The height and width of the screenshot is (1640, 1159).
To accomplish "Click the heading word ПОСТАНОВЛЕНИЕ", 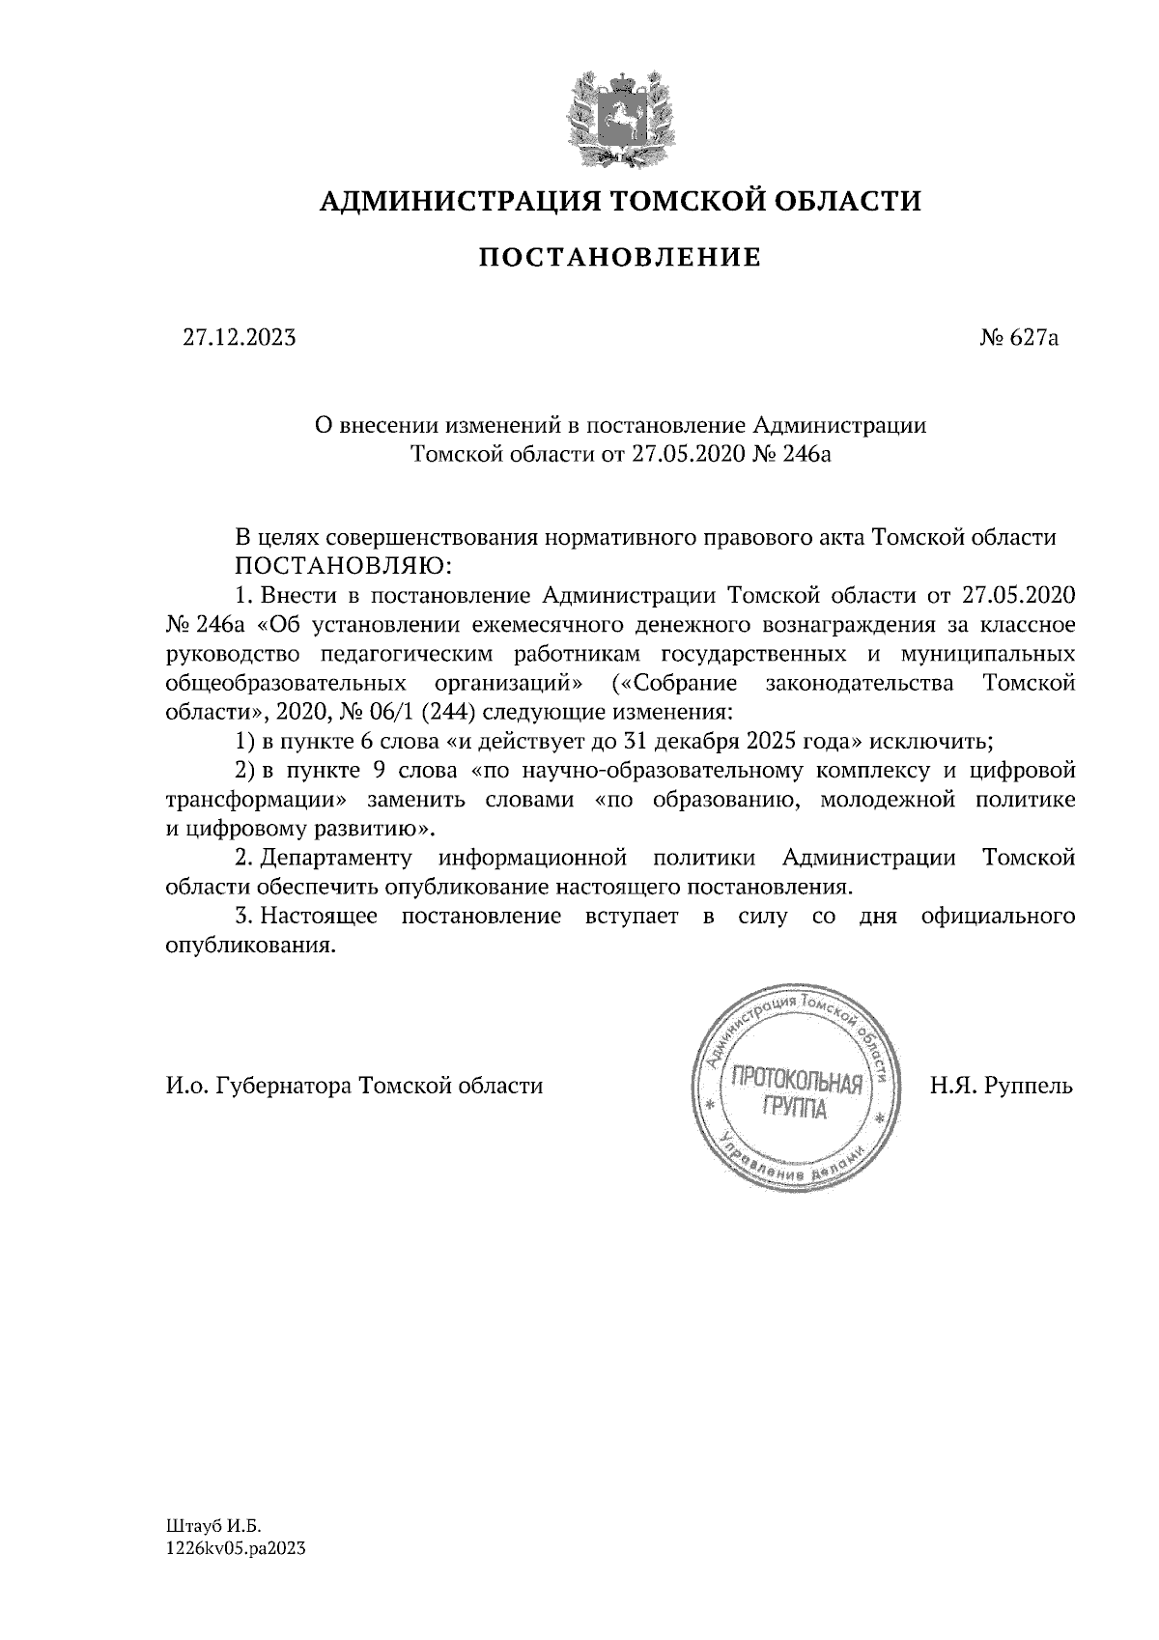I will (x=620, y=258).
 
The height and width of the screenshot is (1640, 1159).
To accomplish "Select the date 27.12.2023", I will (x=240, y=337).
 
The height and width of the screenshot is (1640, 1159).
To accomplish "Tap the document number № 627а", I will (x=1020, y=337).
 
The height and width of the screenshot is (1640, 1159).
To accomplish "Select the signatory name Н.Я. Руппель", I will (x=1002, y=1086).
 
